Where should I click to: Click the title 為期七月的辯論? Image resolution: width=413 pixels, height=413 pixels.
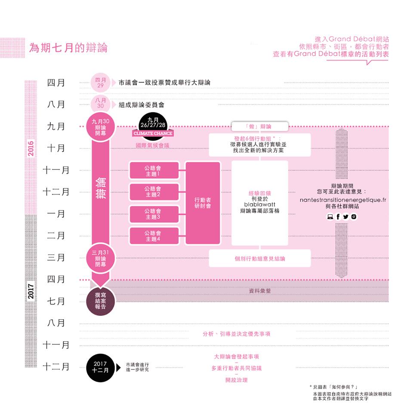[x=68, y=47]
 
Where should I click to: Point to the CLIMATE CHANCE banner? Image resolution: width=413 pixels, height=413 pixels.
[x=153, y=134]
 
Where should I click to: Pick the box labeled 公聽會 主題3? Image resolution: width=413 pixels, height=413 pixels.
[x=154, y=214]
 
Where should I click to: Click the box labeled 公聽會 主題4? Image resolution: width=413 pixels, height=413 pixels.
[x=154, y=236]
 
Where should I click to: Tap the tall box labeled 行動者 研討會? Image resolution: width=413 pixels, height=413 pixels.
[x=203, y=203]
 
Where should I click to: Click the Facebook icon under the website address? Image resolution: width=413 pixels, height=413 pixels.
[x=338, y=217]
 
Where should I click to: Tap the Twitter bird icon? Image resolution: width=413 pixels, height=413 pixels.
[x=345, y=217]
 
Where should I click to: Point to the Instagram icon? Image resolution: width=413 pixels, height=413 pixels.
[x=354, y=217]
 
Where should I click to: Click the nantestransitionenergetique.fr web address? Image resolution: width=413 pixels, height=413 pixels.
[x=342, y=200]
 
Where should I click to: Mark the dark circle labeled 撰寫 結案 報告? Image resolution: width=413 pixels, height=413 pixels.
[x=103, y=300]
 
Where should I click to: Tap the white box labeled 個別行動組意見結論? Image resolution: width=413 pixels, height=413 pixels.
[x=260, y=259]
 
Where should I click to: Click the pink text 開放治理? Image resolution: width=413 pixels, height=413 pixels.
[x=237, y=380]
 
